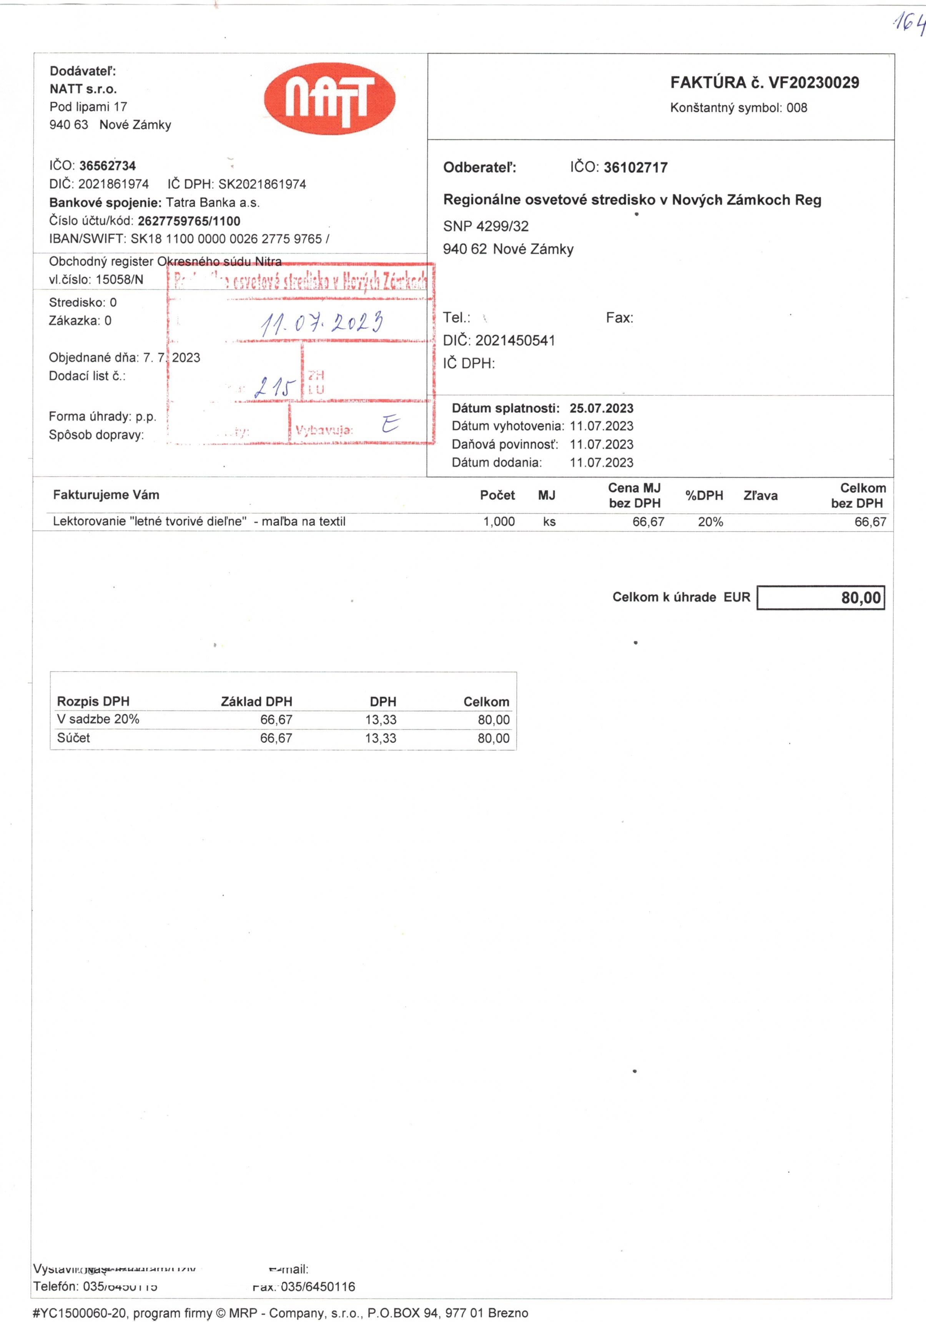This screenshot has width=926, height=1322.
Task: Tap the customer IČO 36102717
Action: click(x=635, y=168)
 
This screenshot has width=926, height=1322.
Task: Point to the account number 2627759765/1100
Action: click(x=189, y=221)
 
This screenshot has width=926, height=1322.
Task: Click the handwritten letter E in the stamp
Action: click(x=390, y=425)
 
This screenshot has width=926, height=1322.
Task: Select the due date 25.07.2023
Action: click(x=602, y=408)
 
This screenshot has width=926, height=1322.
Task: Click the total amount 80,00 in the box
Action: click(x=860, y=598)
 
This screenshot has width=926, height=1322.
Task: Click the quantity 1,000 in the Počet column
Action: click(x=499, y=522)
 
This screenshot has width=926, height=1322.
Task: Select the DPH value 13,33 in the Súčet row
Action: click(x=381, y=738)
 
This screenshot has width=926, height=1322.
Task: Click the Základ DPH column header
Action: click(x=257, y=701)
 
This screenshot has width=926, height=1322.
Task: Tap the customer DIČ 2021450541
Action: click(x=515, y=341)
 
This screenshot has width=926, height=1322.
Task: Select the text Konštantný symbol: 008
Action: click(x=738, y=108)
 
